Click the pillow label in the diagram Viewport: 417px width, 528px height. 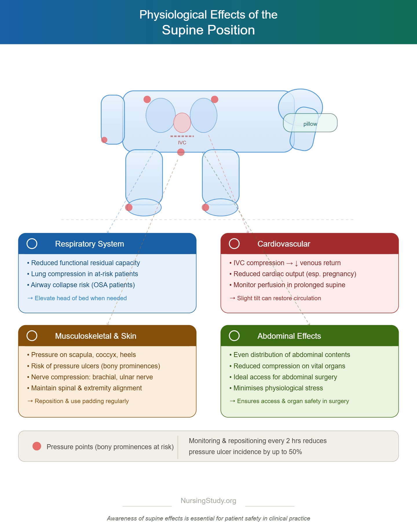pyautogui.click(x=310, y=124)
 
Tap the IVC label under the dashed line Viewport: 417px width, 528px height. pyautogui.click(x=182, y=143)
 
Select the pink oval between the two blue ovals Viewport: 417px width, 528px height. pyautogui.click(x=182, y=123)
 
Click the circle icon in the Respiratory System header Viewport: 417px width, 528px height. pyautogui.click(x=32, y=244)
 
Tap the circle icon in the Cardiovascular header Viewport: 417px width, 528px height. pyautogui.click(x=234, y=244)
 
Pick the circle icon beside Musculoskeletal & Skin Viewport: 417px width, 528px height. pyautogui.click(x=32, y=336)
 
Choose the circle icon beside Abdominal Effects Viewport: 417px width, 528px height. pyautogui.click(x=234, y=336)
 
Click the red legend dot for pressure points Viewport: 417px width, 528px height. pyautogui.click(x=37, y=446)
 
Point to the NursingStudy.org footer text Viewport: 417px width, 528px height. pyautogui.click(x=209, y=501)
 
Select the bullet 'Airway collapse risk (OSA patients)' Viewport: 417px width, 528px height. pyautogui.click(x=81, y=285)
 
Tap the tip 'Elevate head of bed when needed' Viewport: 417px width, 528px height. pyautogui.click(x=77, y=298)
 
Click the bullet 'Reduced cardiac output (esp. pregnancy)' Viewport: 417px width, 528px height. pyautogui.click(x=293, y=274)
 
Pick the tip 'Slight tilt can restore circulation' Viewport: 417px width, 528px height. pyautogui.click(x=275, y=298)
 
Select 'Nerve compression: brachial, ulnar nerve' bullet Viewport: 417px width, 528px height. pyautogui.click(x=90, y=377)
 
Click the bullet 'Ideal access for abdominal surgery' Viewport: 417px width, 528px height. pyautogui.click(x=283, y=377)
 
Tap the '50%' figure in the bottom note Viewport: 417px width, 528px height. pyautogui.click(x=295, y=452)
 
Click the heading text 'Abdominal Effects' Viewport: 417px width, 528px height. pyautogui.click(x=289, y=336)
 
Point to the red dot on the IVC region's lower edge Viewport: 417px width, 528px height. pyautogui.click(x=181, y=152)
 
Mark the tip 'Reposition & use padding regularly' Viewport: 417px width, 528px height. pyautogui.click(x=78, y=401)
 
